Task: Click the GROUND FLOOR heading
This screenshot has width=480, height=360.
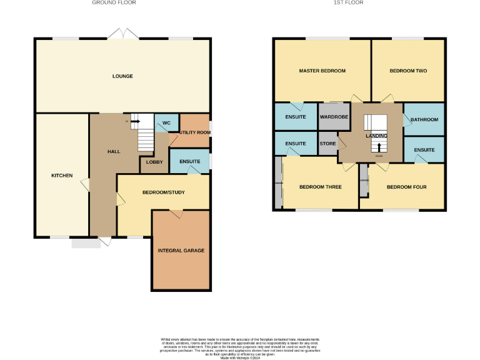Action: click(114, 2)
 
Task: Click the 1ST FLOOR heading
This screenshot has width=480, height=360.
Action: click(347, 2)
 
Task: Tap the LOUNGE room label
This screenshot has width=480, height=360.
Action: click(122, 76)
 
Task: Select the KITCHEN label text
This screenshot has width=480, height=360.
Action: click(62, 176)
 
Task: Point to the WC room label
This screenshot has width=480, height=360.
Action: click(166, 123)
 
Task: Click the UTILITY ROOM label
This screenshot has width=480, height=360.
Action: click(194, 132)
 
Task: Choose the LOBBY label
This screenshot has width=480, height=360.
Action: click(154, 162)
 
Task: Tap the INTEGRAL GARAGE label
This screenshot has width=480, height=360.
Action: click(181, 251)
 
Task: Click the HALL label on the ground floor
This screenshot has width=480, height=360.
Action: click(114, 151)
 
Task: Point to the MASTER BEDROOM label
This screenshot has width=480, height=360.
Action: click(322, 71)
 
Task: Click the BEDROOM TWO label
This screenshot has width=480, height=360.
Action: click(408, 71)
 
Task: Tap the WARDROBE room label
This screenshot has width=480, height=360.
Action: click(334, 117)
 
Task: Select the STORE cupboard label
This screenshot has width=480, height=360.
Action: click(328, 144)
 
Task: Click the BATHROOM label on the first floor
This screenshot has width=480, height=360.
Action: click(424, 119)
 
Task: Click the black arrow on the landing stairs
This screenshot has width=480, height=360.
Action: click(378, 147)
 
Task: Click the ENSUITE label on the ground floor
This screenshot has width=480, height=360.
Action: click(189, 161)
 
